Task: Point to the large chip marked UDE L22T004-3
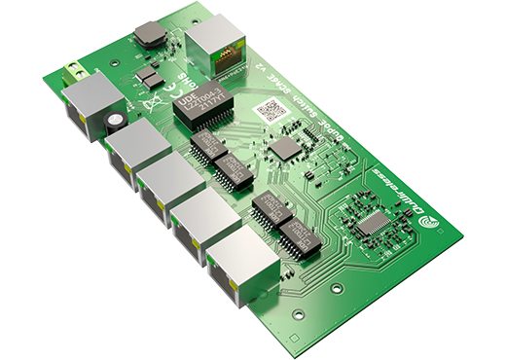click(x=201, y=107)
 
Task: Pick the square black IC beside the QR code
click(x=284, y=147)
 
